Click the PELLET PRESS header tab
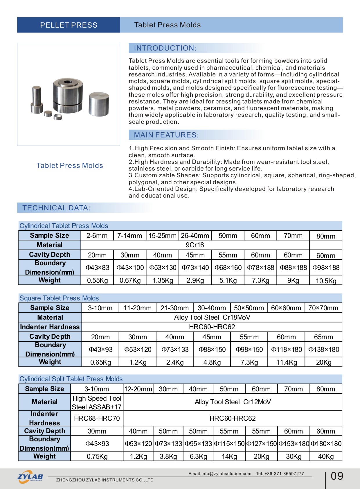tap(69, 25)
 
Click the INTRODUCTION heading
tap(165, 48)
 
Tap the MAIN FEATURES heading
tap(166, 135)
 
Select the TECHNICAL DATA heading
tap(56, 208)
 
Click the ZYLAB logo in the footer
tap(30, 477)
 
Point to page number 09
tap(337, 476)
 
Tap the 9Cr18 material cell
tap(195, 245)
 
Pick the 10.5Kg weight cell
tap(326, 281)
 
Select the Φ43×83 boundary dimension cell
tap(97, 268)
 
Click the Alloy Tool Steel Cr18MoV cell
tap(212, 317)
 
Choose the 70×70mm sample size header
tap(323, 308)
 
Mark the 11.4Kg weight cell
tap(286, 362)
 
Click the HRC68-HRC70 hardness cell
tap(97, 418)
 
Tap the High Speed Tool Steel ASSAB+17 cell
tap(97, 402)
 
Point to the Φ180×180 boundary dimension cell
tap(326, 444)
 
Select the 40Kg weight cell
tap(326, 456)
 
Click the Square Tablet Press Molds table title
tap(59, 298)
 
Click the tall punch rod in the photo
tap(37, 99)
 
